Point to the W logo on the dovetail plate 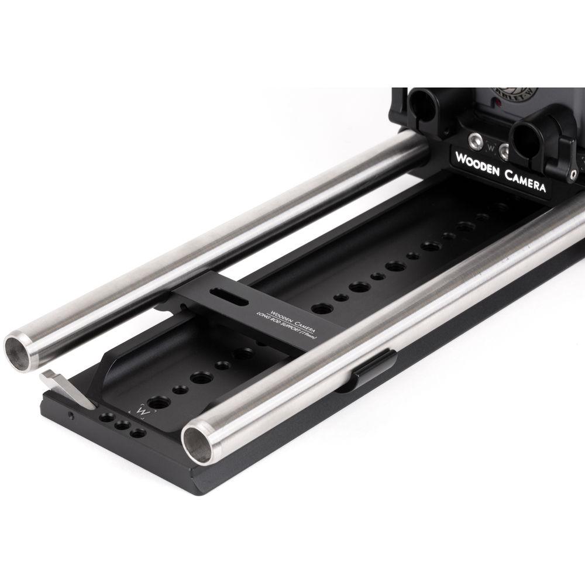[140, 411]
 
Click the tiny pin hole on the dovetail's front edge [71, 417]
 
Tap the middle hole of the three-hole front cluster [122, 426]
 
